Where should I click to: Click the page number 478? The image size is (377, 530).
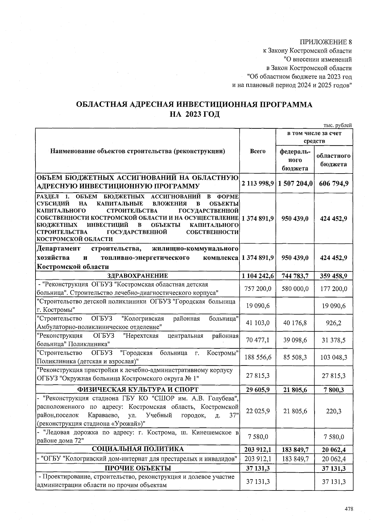(x=349, y=509)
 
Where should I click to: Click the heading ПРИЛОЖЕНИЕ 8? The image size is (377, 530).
(x=326, y=42)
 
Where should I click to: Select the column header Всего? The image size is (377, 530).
(x=258, y=151)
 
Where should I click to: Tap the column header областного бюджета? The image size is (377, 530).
(x=333, y=160)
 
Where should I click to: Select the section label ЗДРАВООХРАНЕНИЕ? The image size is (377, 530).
(x=138, y=276)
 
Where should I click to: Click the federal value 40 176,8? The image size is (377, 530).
(x=295, y=323)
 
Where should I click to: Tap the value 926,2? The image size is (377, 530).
(x=334, y=323)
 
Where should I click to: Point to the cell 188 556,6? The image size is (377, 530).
(x=258, y=357)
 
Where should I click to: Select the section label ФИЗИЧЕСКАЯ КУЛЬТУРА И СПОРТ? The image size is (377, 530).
(x=138, y=389)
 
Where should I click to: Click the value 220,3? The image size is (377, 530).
(x=334, y=411)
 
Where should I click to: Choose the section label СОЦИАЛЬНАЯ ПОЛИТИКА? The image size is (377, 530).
(x=138, y=449)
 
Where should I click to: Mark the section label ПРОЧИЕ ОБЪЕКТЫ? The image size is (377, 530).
(x=138, y=468)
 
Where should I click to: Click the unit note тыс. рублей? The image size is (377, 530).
(x=337, y=125)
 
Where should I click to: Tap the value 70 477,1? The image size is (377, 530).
(x=258, y=340)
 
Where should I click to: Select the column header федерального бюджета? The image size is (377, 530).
(x=295, y=160)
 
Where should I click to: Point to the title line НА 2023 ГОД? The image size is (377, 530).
(x=194, y=114)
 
